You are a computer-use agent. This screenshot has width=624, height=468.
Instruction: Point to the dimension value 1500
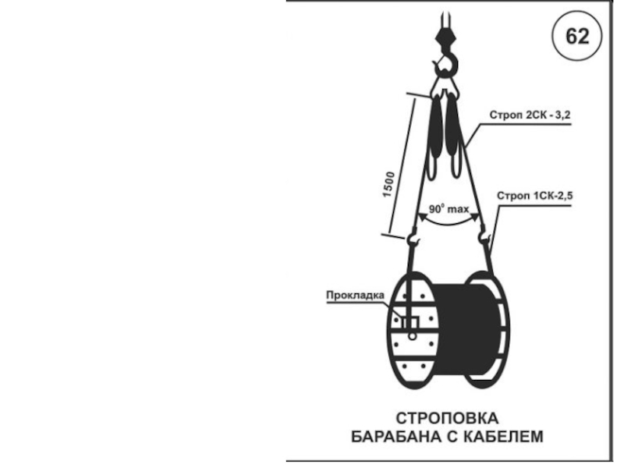pos(388,184)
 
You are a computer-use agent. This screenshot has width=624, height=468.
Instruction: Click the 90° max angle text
pos(448,209)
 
